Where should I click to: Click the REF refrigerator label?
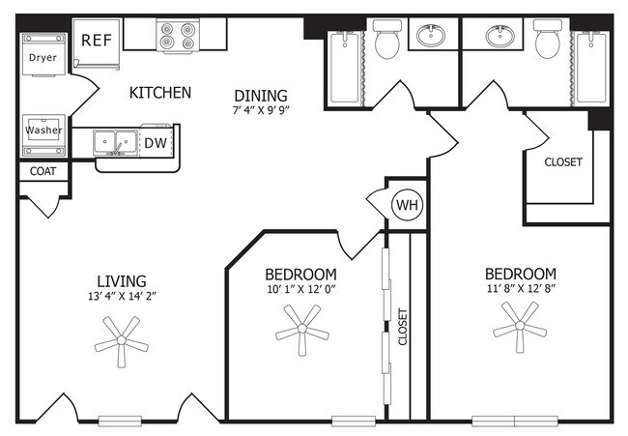(97, 40)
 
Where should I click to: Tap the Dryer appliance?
(43, 54)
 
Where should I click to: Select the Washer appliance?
(43, 135)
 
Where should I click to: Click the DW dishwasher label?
(156, 143)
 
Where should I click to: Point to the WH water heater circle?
(407, 205)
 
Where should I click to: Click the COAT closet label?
(43, 171)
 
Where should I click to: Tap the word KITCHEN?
(160, 93)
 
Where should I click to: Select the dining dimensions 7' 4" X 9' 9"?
(261, 110)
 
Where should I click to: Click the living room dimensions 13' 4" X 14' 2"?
(122, 296)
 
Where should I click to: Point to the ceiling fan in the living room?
(122, 340)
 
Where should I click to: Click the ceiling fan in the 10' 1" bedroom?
(302, 330)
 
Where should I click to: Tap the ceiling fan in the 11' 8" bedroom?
(520, 326)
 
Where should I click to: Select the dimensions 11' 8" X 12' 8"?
(521, 288)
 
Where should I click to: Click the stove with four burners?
(178, 35)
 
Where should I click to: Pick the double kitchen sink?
(115, 143)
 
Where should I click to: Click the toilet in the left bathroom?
(387, 40)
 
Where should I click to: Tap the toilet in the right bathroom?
(548, 40)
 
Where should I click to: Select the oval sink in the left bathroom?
(431, 35)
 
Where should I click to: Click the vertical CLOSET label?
(403, 326)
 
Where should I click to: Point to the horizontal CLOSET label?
(563, 161)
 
